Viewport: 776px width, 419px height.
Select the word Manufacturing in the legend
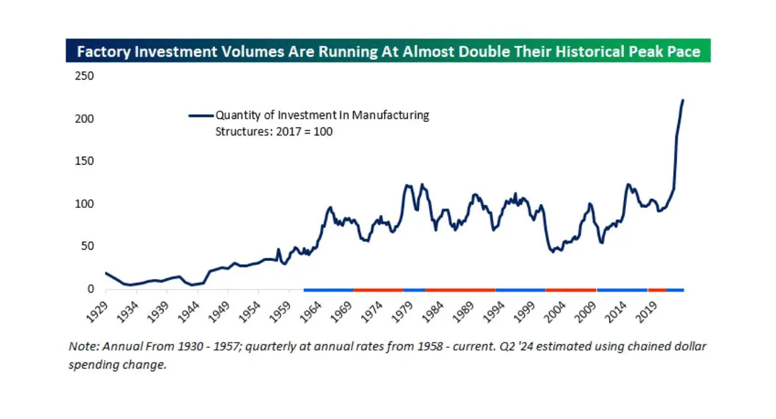point(390,115)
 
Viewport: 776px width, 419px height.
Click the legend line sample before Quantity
point(200,115)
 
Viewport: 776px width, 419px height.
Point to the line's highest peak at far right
point(683,100)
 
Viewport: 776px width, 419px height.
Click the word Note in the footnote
point(81,347)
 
